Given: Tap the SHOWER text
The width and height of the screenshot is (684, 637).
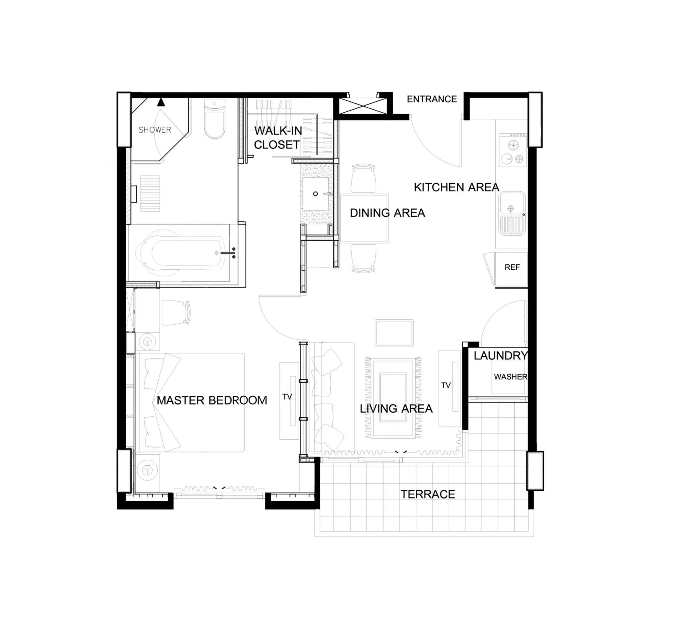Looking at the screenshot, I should pyautogui.click(x=155, y=130).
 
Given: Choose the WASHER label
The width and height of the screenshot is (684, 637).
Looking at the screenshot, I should pyautogui.click(x=510, y=377).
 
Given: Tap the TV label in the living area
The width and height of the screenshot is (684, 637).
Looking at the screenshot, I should pyautogui.click(x=446, y=385).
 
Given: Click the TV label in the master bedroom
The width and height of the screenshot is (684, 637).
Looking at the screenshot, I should pyautogui.click(x=287, y=397).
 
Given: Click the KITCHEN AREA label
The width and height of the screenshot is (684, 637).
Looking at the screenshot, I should pyautogui.click(x=456, y=187).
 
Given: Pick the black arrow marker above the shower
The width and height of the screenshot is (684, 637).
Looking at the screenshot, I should pyautogui.click(x=161, y=102).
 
